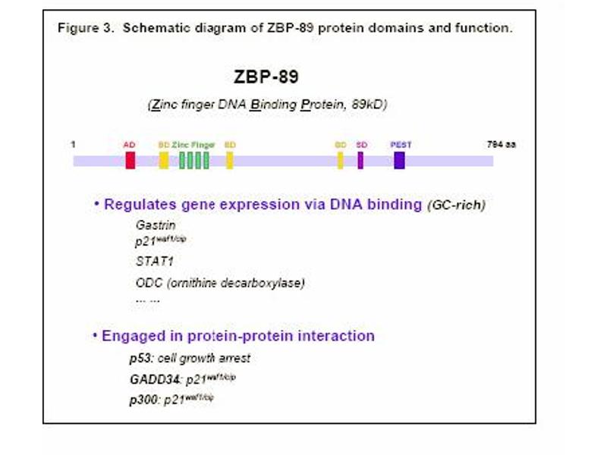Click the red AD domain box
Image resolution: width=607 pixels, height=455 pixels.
pos(130,160)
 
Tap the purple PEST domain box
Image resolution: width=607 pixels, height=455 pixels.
pos(399,160)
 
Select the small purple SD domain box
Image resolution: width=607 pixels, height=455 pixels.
pos(360,160)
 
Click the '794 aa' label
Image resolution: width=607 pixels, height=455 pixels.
pos(501,144)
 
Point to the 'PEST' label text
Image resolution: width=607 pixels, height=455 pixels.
pos(401,144)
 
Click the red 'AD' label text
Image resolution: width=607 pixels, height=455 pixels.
pos(129,144)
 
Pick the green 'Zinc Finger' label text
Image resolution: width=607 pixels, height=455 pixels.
pos(193,144)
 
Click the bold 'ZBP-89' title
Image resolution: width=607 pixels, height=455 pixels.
pos(266,79)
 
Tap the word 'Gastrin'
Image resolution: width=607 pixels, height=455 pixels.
pos(156,224)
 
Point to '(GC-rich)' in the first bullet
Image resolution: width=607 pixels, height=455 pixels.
pos(455,205)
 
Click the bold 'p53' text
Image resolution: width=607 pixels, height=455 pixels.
pos(140,358)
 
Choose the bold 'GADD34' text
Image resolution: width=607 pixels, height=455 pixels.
pos(155,378)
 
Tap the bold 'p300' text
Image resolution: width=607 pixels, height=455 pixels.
pos(143,399)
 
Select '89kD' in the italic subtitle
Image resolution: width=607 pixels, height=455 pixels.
pos(370,105)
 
